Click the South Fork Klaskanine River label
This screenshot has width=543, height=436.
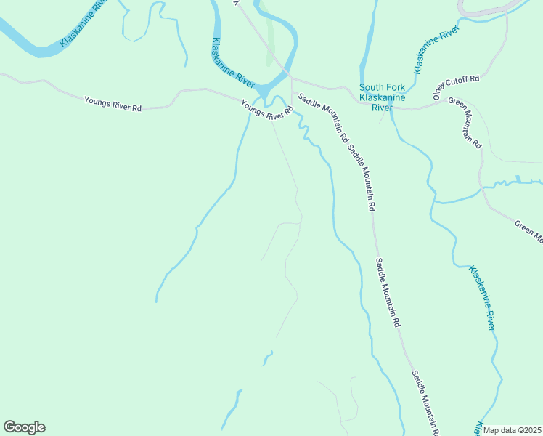[382, 97]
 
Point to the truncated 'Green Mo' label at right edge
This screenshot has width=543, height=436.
[528, 230]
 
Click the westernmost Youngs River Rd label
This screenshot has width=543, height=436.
[113, 103]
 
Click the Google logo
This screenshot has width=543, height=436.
[24, 427]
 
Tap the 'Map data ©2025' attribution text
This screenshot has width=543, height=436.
[512, 430]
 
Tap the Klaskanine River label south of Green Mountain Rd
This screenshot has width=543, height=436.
[481, 298]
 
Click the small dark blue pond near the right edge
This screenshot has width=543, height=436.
[518, 178]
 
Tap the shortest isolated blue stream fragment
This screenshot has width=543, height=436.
[267, 357]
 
